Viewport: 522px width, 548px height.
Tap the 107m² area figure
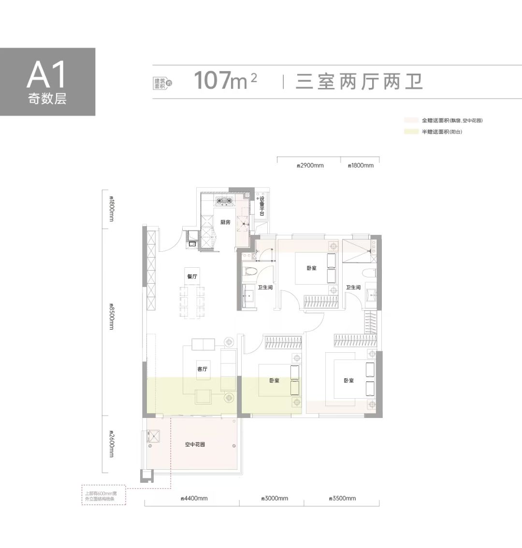pyautogui.click(x=225, y=81)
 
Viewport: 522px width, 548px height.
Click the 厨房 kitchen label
pyautogui.click(x=225, y=222)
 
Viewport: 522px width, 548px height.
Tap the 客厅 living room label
pyautogui.click(x=202, y=369)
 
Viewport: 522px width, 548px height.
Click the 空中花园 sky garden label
pyautogui.click(x=195, y=444)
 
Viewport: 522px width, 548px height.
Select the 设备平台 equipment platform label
pyautogui.click(x=262, y=206)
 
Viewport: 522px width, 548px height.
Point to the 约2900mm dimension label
pyautogui.click(x=309, y=165)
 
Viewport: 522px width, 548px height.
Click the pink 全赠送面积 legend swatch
pyautogui.click(x=411, y=120)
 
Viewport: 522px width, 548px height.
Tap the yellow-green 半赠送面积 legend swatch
pyautogui.click(x=411, y=131)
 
